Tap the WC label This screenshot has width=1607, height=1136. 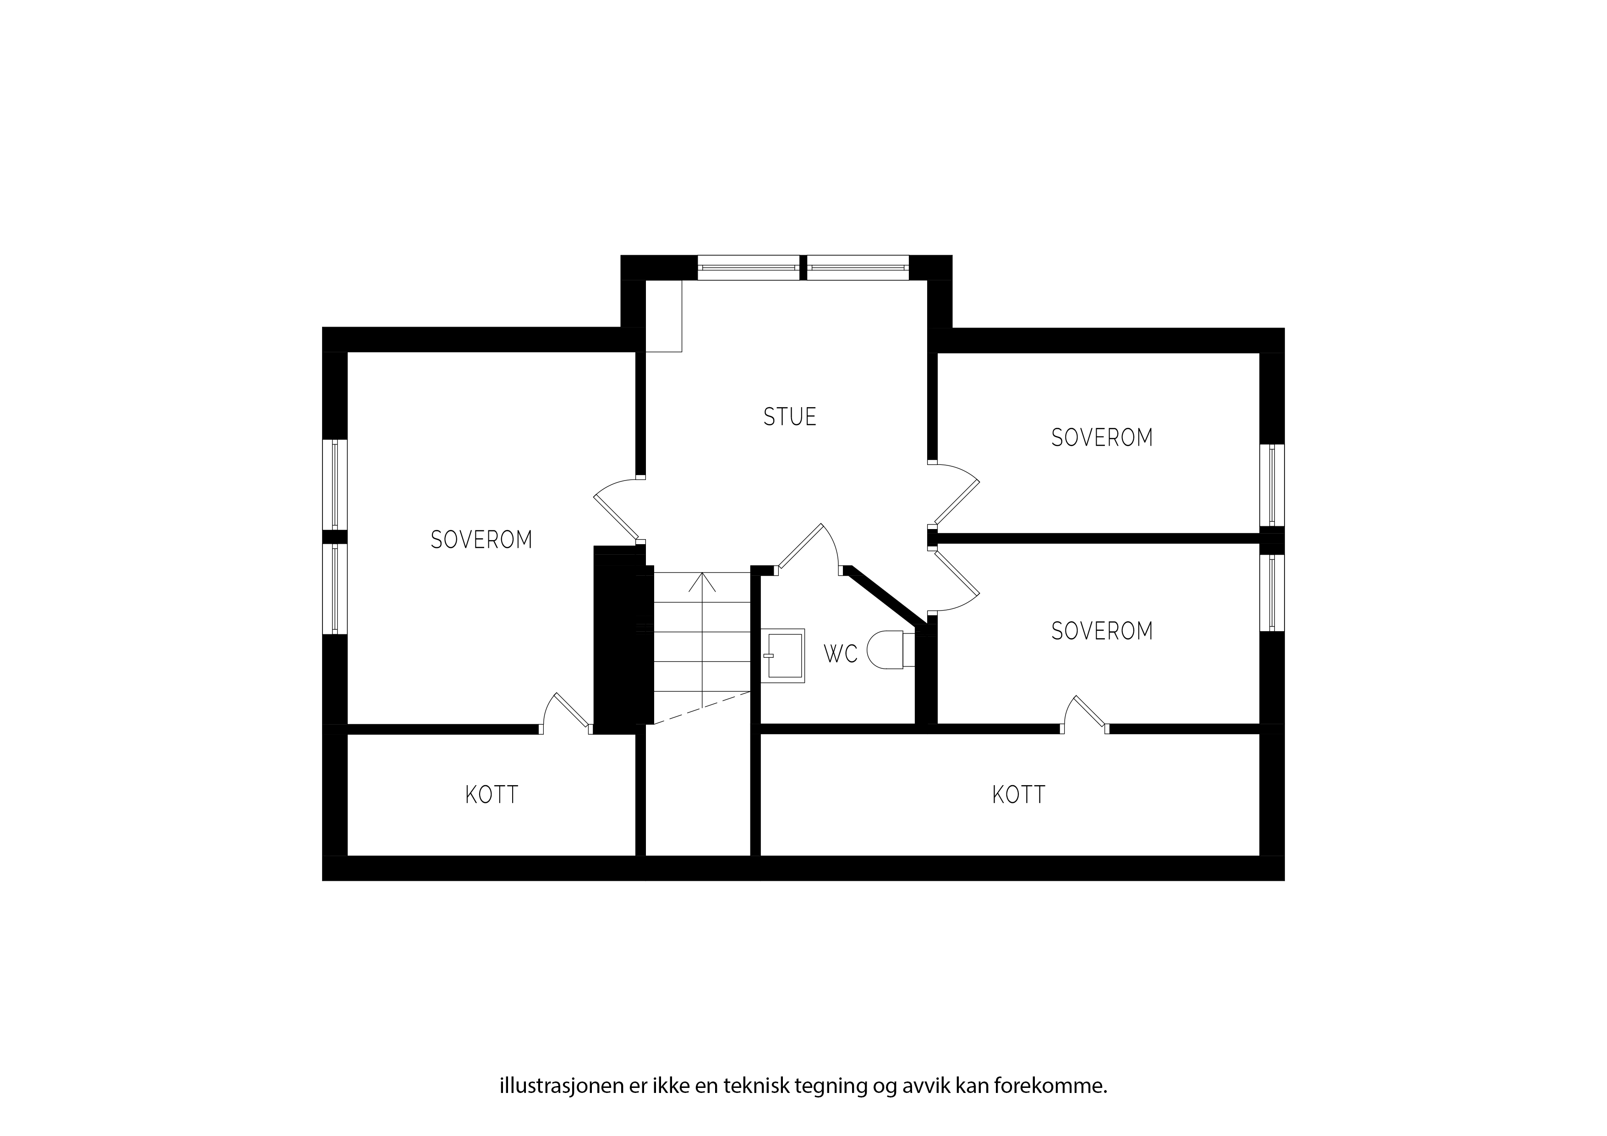coord(841,654)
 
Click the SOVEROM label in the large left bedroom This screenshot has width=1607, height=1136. coord(481,540)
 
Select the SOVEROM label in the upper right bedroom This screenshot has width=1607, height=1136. coord(1102,437)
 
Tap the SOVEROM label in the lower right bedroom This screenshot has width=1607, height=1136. coord(1102,631)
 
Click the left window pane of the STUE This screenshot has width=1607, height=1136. coord(748,268)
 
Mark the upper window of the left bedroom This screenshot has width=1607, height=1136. coord(334,484)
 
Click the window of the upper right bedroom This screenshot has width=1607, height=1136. coord(1272,485)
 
